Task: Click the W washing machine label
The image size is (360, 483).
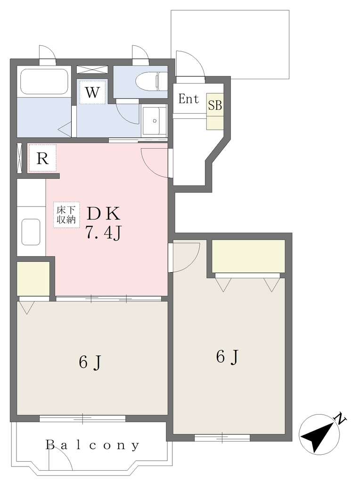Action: pos(92,92)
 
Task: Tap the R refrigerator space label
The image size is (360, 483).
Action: pos(42,159)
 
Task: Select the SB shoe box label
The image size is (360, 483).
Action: pos(215,106)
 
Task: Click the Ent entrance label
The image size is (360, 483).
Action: pos(188,99)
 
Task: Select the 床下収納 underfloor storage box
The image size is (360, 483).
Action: pos(66,215)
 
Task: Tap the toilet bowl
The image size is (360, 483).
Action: pos(151,81)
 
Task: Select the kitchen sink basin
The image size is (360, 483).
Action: pos(31,232)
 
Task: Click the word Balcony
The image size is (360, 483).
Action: pos(93,445)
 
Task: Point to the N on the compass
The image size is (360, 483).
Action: pos(340,419)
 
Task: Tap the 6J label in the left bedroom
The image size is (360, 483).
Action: pos(90,362)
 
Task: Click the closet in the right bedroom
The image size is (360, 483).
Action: pos(248,256)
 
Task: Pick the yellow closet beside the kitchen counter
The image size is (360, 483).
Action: pos(33,278)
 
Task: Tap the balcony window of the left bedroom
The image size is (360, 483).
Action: pos(82,418)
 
